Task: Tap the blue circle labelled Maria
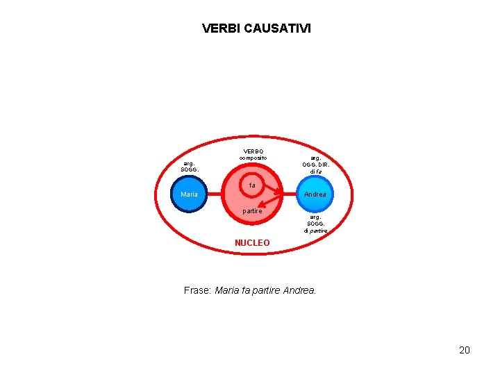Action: pyautogui.click(x=189, y=194)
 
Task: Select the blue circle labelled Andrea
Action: pyautogui.click(x=315, y=194)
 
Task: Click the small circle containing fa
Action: pyautogui.click(x=253, y=186)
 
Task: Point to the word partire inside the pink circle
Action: pyautogui.click(x=252, y=210)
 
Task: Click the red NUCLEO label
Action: pyautogui.click(x=252, y=243)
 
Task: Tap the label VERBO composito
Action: pyautogui.click(x=253, y=154)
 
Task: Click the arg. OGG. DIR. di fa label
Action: pyautogui.click(x=316, y=165)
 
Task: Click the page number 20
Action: pyautogui.click(x=465, y=350)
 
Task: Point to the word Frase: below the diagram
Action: pyautogui.click(x=197, y=290)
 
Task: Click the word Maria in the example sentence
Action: pyautogui.click(x=227, y=290)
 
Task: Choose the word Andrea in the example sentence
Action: pyautogui.click(x=300, y=290)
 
